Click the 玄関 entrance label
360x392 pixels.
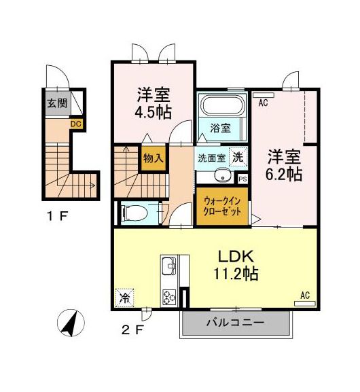pos(57,104)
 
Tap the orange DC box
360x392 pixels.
pos(75,124)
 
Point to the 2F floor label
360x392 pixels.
pos(132,331)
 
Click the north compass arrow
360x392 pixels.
pos(70,323)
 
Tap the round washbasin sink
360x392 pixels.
pos(221,176)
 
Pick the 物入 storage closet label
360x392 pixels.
pos(152,158)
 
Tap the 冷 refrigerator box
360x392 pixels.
pos(125,298)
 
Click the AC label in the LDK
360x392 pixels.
pos(305,295)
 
